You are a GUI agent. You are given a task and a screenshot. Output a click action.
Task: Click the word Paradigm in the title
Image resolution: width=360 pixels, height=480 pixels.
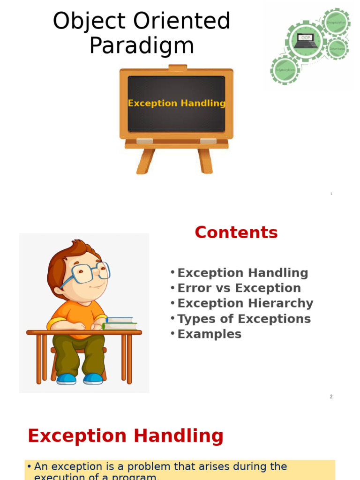142,46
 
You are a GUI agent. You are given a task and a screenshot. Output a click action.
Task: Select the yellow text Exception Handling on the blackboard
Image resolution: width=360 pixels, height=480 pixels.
177,103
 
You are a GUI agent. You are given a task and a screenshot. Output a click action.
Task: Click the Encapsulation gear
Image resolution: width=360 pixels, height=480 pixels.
336,22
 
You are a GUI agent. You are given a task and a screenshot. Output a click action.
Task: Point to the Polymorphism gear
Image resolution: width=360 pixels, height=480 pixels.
285,70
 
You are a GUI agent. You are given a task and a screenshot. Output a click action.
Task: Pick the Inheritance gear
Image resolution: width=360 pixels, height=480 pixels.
337,48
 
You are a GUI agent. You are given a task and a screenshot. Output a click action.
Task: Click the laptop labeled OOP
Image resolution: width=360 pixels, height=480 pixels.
306,40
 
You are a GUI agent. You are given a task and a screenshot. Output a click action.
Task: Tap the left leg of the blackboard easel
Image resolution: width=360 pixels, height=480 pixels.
146,162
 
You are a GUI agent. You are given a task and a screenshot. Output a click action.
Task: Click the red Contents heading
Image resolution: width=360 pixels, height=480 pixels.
236,232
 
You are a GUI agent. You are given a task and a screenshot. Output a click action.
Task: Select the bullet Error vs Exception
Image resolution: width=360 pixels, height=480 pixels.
239,288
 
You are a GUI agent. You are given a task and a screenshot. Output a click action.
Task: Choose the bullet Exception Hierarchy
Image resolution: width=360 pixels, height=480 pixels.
245,303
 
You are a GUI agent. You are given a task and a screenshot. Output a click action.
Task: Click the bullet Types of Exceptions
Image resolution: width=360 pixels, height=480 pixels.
244,319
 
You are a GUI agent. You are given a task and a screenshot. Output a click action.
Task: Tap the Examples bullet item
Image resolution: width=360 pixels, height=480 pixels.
209,334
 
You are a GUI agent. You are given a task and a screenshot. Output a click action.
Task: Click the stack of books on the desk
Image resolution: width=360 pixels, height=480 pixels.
120,323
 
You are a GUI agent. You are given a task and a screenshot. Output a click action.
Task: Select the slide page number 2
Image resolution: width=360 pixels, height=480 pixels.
331,397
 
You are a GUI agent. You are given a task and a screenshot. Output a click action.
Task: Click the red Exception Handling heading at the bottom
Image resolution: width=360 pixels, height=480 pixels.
126,436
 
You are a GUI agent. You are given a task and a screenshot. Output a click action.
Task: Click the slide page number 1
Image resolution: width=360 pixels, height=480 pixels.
331,194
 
